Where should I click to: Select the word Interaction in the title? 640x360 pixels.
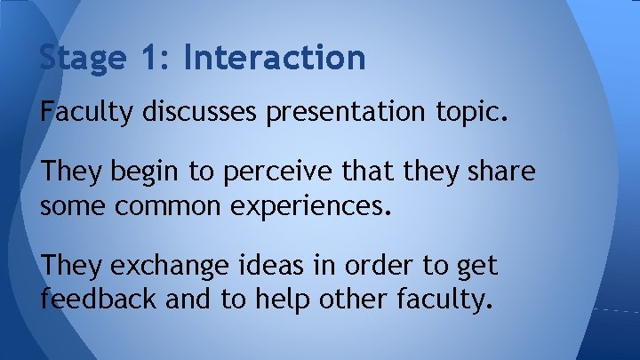tap(275, 58)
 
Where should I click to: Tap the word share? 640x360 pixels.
tap(503, 172)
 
